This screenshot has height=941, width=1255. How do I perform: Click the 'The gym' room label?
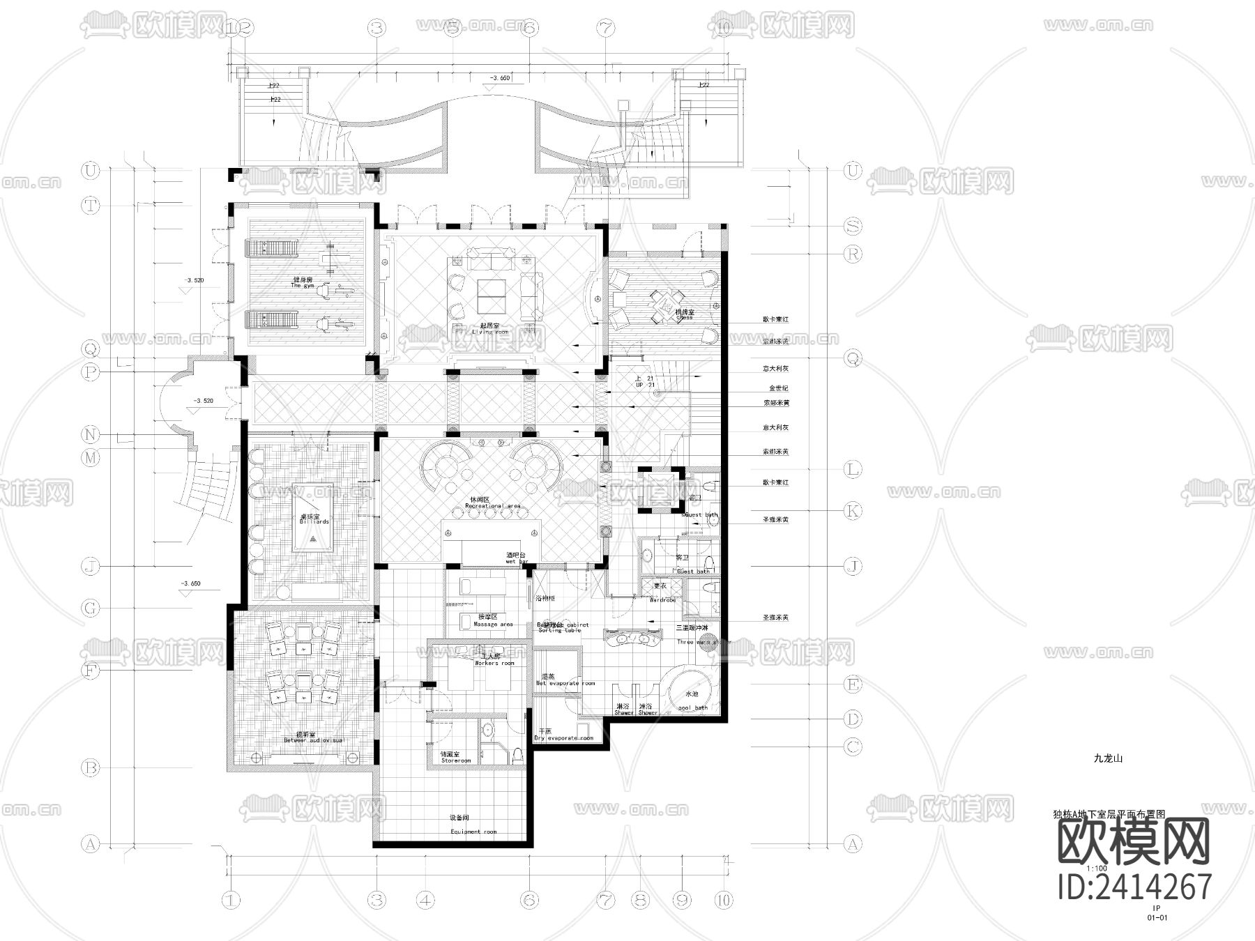303,286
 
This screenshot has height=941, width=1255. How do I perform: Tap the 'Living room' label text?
490,332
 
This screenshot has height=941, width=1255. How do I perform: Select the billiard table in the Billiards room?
312,517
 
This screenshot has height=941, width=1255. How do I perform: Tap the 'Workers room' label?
494,663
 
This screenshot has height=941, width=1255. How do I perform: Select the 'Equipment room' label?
473,832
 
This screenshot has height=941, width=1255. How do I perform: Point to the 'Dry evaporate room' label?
563,737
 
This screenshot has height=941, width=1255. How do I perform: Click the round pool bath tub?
692,691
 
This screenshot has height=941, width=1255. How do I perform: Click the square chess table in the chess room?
660,304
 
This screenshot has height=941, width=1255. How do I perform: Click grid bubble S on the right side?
852,226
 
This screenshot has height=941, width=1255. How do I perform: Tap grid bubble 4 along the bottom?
425,900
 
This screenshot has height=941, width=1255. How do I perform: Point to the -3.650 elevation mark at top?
500,79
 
